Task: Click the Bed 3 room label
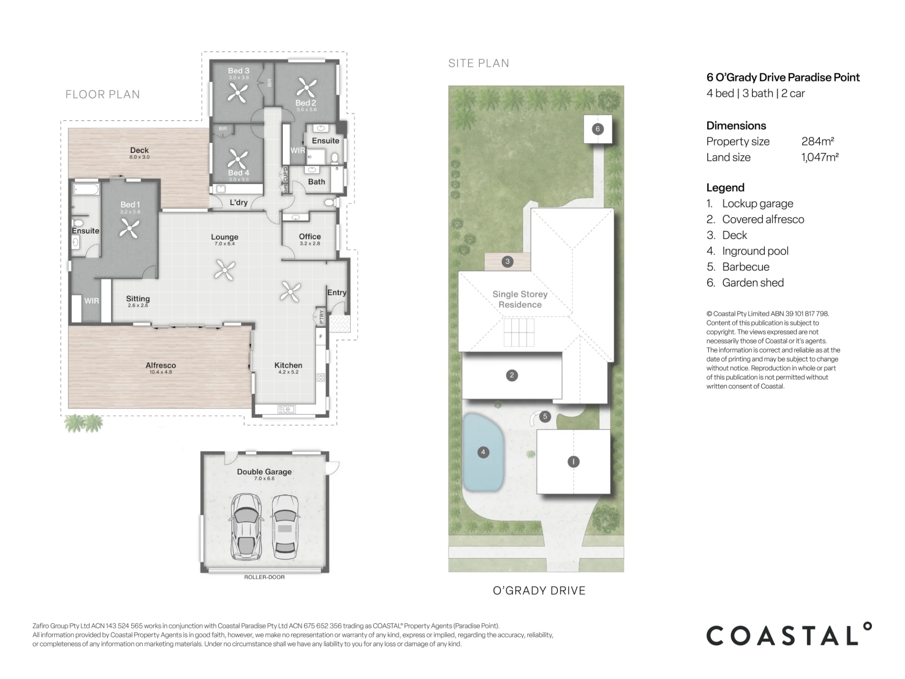[x=238, y=71]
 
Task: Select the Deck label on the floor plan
[x=139, y=150]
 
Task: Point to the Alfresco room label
[x=161, y=365]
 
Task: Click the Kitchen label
[x=288, y=365]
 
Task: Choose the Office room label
[x=310, y=236]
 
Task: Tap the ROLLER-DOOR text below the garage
[x=264, y=577]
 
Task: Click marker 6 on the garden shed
[x=597, y=129]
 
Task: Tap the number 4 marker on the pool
[x=483, y=452]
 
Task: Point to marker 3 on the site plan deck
[x=507, y=261]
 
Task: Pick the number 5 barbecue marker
[x=545, y=416]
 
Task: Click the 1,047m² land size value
[x=820, y=157]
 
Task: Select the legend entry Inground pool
[x=755, y=251]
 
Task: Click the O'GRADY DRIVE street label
[x=539, y=590]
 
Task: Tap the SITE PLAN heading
[x=479, y=63]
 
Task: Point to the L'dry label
[x=238, y=202]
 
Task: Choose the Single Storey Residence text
[x=520, y=299]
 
